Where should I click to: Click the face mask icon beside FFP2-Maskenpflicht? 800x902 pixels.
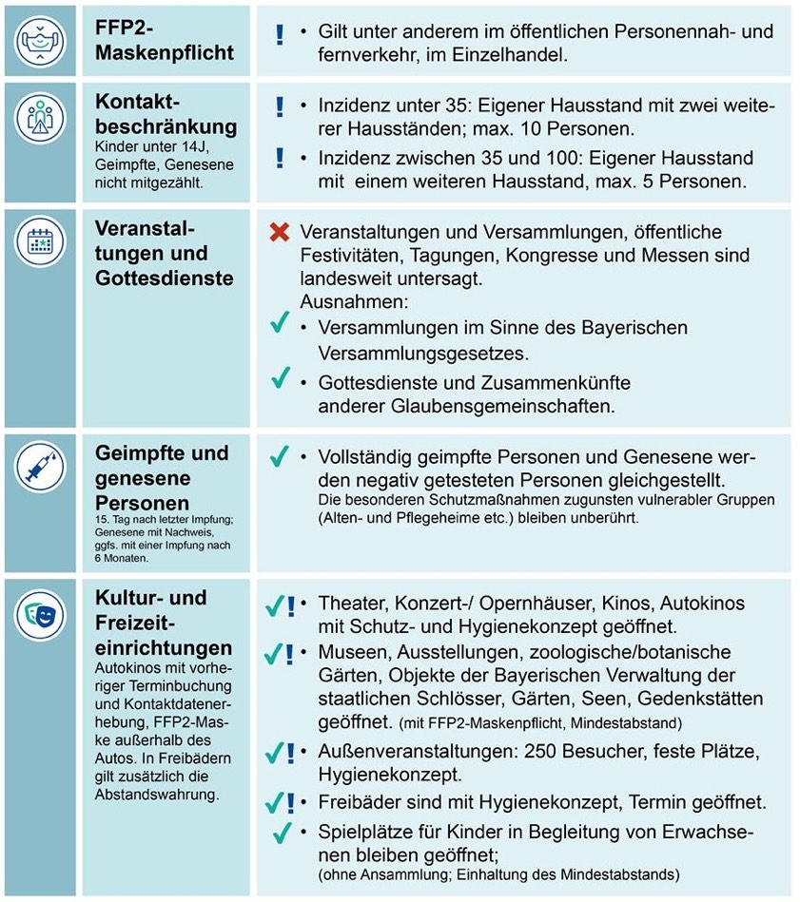pyautogui.click(x=41, y=41)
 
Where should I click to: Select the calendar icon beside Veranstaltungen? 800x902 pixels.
pyautogui.click(x=41, y=243)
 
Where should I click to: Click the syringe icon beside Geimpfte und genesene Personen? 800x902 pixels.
pyautogui.click(x=41, y=467)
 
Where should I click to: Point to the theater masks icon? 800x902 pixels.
pyautogui.click(x=41, y=615)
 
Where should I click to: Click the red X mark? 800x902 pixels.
pyautogui.click(x=279, y=233)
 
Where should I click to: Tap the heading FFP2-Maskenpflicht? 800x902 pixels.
pyautogui.click(x=164, y=40)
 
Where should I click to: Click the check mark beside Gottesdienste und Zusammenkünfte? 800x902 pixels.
pyautogui.click(x=279, y=378)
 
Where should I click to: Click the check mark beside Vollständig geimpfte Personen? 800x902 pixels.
pyautogui.click(x=279, y=456)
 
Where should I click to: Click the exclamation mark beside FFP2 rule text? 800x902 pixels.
pyautogui.click(x=279, y=35)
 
